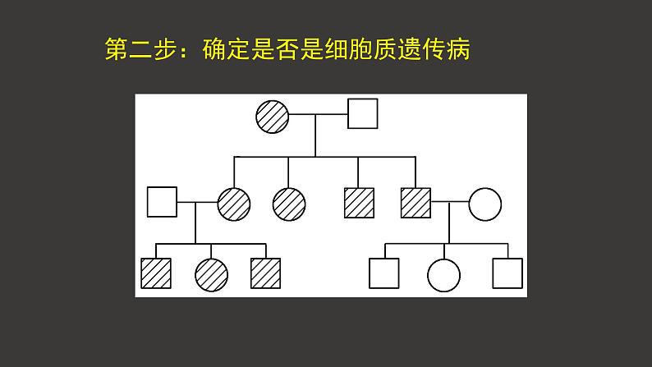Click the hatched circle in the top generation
[x=272, y=116]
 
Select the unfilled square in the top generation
[x=362, y=114]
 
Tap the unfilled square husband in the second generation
[x=162, y=202]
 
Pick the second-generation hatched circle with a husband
[x=234, y=203]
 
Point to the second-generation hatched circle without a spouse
[x=288, y=203]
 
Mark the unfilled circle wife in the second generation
[x=484, y=203]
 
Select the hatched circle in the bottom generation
[x=211, y=274]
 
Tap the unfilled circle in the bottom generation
[x=444, y=274]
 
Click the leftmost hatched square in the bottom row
[x=156, y=273]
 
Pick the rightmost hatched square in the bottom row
[x=265, y=273]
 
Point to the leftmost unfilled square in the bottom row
[x=384, y=273]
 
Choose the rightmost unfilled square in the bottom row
[x=507, y=273]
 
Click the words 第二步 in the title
[x=139, y=49]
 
